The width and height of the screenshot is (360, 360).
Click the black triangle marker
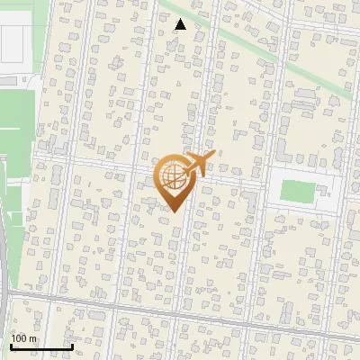pos(181,24)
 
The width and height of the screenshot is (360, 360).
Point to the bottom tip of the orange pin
pos(174,211)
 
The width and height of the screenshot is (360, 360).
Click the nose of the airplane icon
pos(213,154)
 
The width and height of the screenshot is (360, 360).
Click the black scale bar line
pos(40,346)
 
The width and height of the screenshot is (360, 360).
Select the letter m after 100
pos(33,338)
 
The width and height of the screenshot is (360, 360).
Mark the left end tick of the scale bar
pos(10,345)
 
